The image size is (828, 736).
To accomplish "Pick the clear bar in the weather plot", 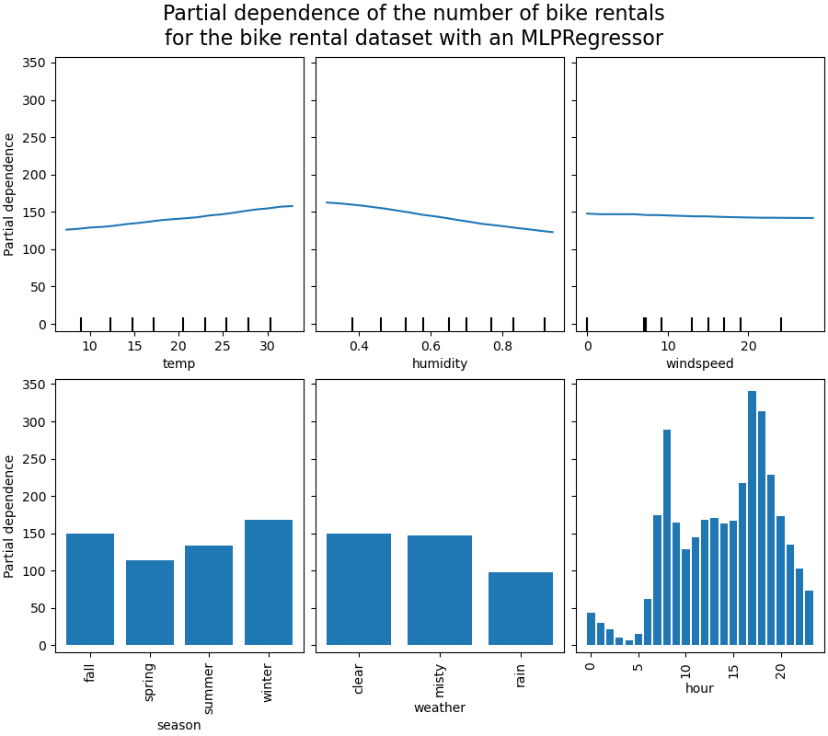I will (x=359, y=589).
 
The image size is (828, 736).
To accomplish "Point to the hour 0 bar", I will (x=591, y=629).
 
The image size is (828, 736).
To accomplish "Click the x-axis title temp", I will (x=178, y=363).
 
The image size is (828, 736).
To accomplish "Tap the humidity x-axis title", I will (x=440, y=363).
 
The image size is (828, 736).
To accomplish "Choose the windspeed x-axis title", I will (x=699, y=363).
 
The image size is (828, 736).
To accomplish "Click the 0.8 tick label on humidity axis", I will (x=502, y=346).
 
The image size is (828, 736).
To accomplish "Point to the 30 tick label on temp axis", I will (x=267, y=346).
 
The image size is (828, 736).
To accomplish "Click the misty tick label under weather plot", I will (x=440, y=682).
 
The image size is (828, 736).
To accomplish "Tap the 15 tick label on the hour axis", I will (x=733, y=665).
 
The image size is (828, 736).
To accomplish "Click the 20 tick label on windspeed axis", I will (x=748, y=346).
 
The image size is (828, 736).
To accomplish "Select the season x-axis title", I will (x=178, y=725).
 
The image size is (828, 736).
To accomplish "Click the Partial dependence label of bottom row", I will (x=10, y=516).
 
